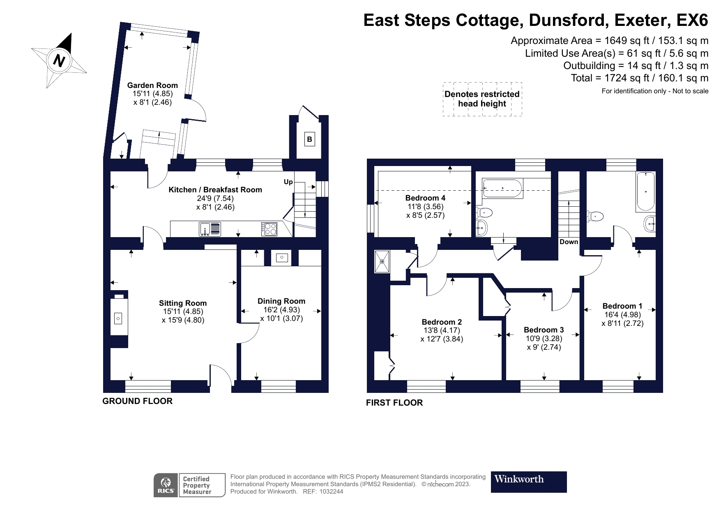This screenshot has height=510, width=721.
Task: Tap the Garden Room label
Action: click(x=152, y=85)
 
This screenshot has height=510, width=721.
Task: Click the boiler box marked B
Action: click(x=309, y=139)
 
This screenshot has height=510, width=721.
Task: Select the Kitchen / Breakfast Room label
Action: click(x=215, y=190)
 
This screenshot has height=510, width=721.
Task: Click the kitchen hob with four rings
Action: click(x=269, y=229)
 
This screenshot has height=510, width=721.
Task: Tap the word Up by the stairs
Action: click(x=288, y=182)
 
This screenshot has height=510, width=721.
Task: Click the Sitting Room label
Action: click(x=183, y=303)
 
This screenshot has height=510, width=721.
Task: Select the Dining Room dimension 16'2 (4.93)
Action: click(x=281, y=310)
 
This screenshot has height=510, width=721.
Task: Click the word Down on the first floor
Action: click(x=569, y=242)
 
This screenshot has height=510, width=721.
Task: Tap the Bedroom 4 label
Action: click(x=425, y=198)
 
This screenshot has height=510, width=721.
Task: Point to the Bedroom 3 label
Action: click(x=544, y=330)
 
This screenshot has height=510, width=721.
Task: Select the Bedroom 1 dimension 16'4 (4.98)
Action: click(x=622, y=314)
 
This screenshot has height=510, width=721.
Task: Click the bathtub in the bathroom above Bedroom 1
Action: click(x=645, y=192)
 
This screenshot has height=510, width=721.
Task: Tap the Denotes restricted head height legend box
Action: click(x=482, y=99)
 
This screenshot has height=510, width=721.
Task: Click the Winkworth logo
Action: click(x=529, y=482)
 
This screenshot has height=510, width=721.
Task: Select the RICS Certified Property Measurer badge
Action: click(x=189, y=485)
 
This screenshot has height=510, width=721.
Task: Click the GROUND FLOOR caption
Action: click(x=137, y=402)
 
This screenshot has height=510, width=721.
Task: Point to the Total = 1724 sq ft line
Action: click(x=639, y=78)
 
